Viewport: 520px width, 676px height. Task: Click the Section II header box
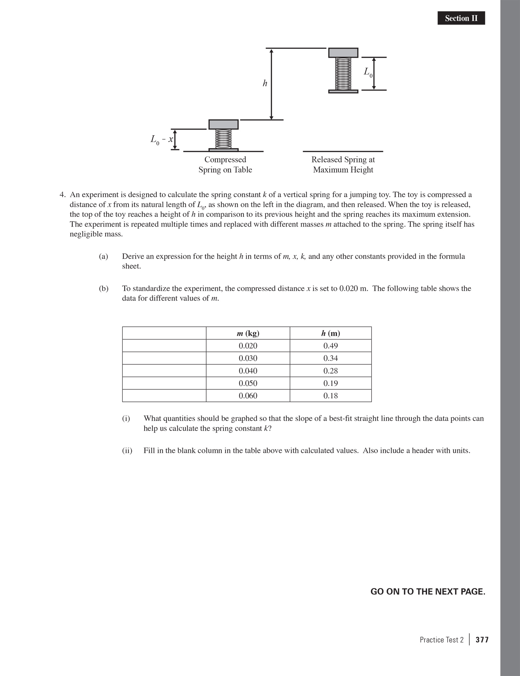461,18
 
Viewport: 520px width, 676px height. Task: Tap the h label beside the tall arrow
265,83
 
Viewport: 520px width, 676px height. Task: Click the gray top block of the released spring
343,53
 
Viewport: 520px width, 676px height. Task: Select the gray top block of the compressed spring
223,124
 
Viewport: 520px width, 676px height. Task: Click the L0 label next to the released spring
368,73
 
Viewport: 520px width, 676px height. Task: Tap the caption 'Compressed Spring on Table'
225,164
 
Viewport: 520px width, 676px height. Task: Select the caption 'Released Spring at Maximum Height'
343,164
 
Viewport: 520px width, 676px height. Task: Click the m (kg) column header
248,333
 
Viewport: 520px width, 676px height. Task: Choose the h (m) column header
330,333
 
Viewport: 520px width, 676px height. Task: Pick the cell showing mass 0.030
248,358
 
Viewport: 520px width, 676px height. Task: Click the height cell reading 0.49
330,346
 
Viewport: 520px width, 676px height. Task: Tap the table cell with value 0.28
330,371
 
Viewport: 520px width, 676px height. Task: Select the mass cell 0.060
248,396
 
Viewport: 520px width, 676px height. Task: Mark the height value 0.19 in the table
330,383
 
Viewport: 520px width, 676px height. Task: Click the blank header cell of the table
164,333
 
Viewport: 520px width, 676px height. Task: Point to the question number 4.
62,195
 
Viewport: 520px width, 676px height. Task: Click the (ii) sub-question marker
127,450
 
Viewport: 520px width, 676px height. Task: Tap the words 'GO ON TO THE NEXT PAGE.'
428,592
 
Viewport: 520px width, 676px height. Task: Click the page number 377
482,640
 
